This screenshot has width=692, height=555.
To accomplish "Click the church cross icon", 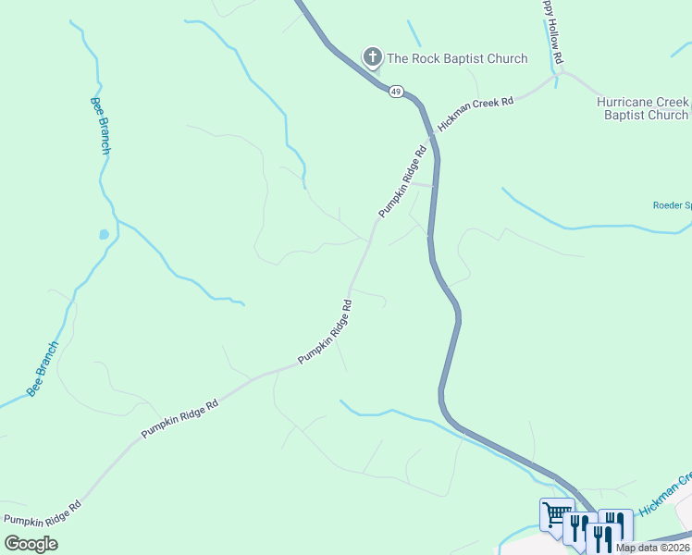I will pyautogui.click(x=372, y=58).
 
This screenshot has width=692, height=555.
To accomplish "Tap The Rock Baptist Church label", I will pyautogui.click(x=457, y=59).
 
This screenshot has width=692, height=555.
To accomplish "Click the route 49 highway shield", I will pyautogui.click(x=396, y=92).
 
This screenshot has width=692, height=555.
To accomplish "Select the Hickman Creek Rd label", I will pyautogui.click(x=476, y=113).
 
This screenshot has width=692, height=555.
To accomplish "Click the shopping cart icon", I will pyautogui.click(x=556, y=512).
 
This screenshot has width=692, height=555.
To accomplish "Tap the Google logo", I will pyautogui.click(x=31, y=543).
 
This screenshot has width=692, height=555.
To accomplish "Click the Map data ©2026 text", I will pyautogui.click(x=652, y=548).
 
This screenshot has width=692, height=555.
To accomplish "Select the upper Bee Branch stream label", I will pyautogui.click(x=103, y=125).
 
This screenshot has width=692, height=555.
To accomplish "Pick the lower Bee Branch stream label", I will pyautogui.click(x=43, y=370).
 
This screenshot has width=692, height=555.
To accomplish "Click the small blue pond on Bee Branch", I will pyautogui.click(x=105, y=235).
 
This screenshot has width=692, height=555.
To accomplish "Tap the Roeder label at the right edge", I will pyautogui.click(x=673, y=205).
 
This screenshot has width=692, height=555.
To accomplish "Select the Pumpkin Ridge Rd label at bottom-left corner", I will pyautogui.click(x=43, y=512).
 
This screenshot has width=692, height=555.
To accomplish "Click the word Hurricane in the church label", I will pyautogui.click(x=631, y=102).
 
